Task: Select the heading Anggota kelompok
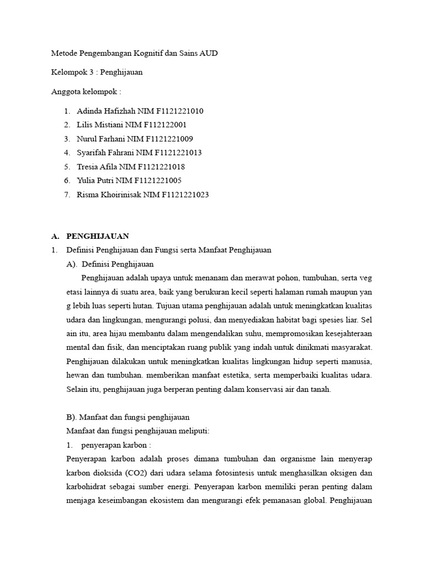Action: click(x=86, y=92)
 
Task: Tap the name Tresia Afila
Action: click(x=97, y=166)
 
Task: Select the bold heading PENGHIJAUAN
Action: click(x=98, y=236)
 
